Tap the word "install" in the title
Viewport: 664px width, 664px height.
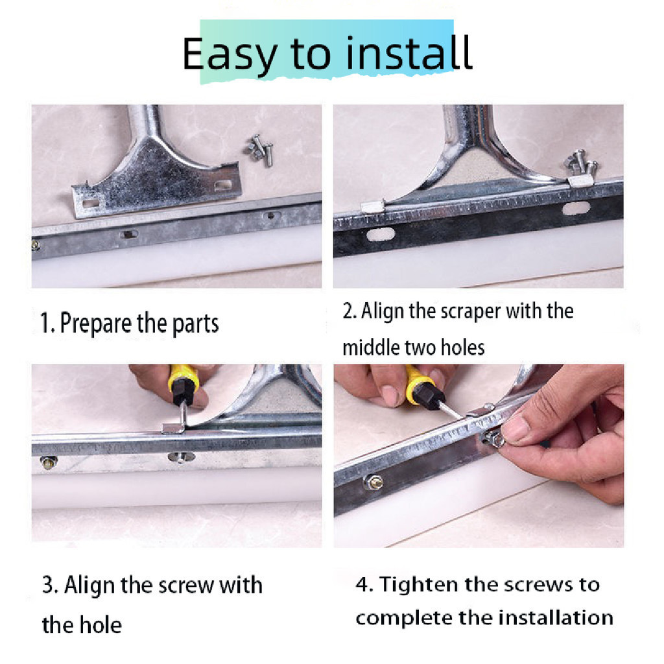[x=409, y=53]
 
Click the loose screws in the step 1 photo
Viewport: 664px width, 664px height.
[x=259, y=150]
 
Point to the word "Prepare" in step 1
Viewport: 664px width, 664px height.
[x=96, y=324]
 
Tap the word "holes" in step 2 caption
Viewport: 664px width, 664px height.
[x=462, y=348]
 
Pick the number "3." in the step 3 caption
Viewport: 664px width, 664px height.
[x=50, y=586]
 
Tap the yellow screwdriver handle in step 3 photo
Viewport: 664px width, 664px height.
[x=184, y=378]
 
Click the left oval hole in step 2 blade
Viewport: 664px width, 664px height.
[x=380, y=234]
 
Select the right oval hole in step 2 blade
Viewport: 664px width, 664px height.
[x=576, y=208]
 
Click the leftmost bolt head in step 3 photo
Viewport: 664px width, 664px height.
[x=49, y=462]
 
